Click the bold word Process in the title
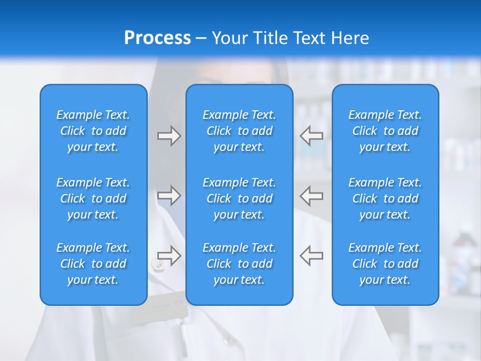pos(157,38)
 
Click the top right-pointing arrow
pos(169,136)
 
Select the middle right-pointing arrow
pos(169,196)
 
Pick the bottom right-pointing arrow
pos(169,255)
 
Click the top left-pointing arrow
pos(312,136)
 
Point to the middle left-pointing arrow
pos(312,196)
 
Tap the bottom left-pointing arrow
pos(312,255)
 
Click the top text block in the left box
pos(93,131)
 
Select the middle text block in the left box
pos(93,199)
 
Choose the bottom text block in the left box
pos(93,264)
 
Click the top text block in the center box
pos(239,131)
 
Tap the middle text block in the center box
pos(239,199)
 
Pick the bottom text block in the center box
pos(239,264)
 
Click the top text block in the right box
pos(385,131)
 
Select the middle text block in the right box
pos(385,199)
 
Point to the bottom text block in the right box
pos(385,264)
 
